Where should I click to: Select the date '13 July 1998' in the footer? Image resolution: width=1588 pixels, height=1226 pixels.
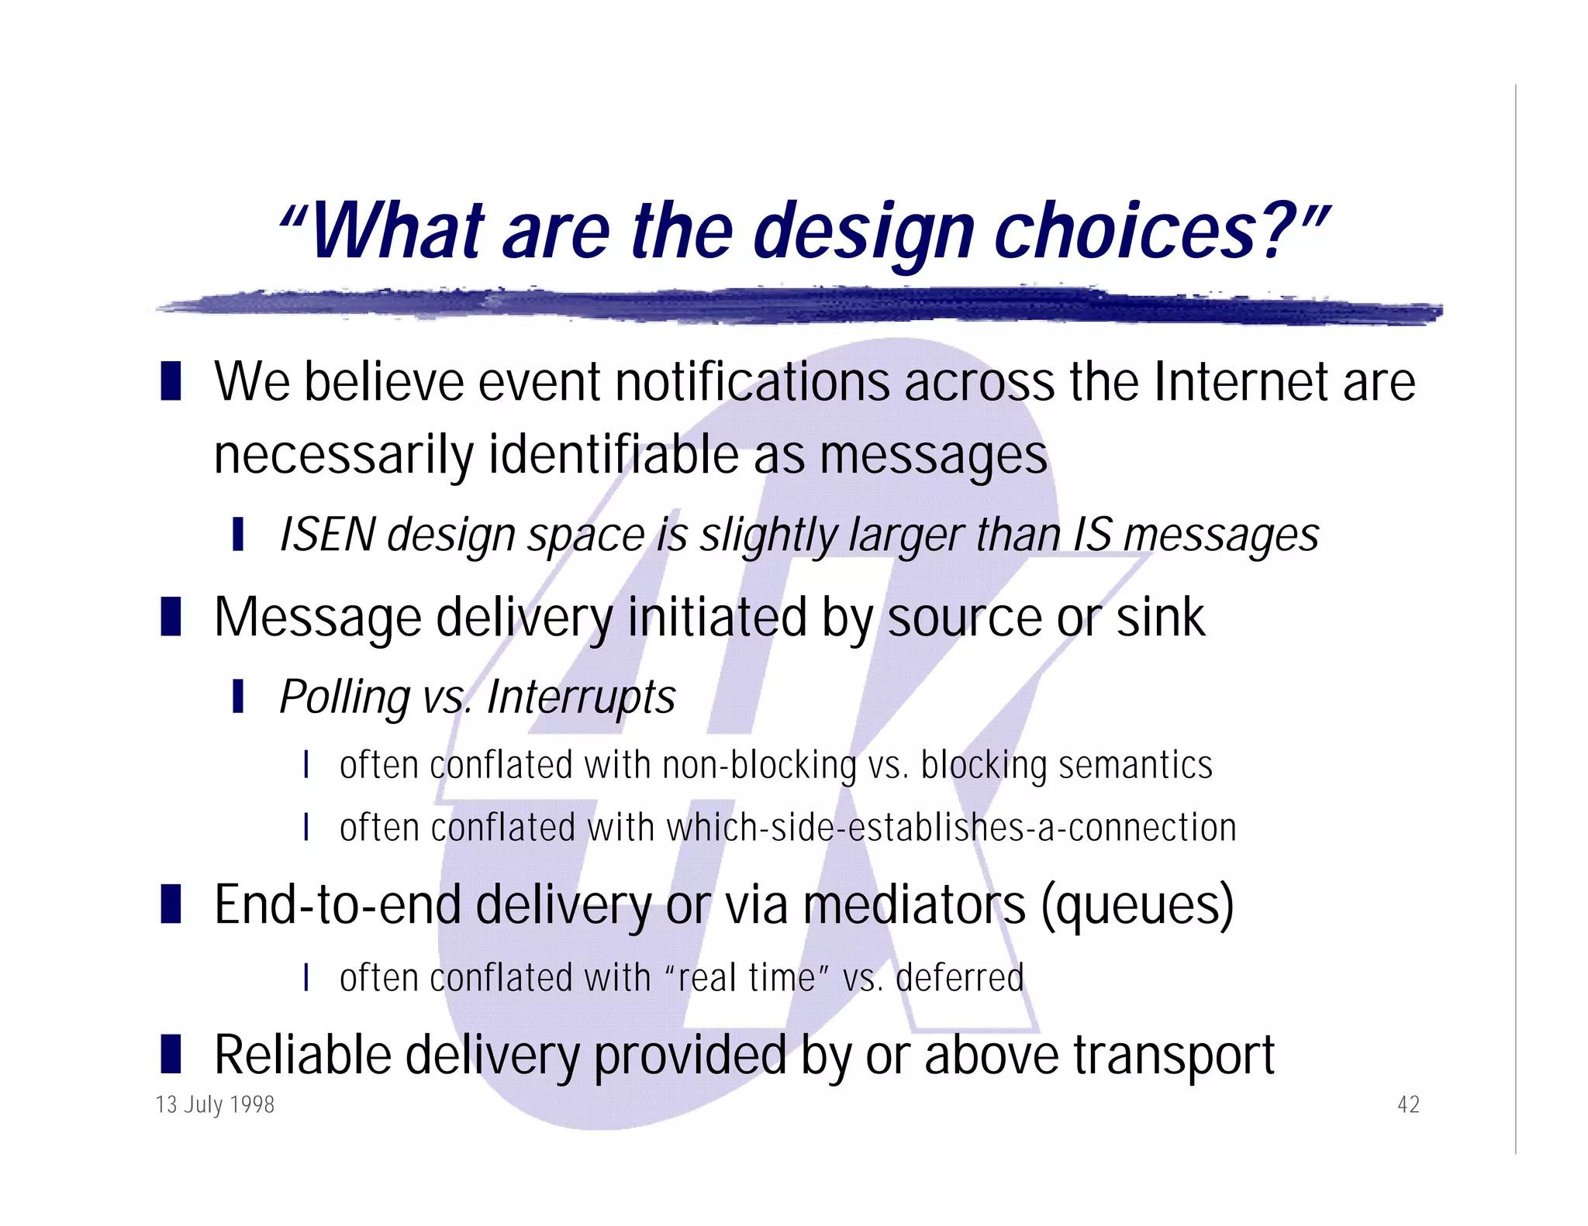point(215,1104)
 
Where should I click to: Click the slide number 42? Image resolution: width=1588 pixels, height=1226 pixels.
point(1408,1104)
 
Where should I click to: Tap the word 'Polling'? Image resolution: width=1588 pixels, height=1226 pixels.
point(344,697)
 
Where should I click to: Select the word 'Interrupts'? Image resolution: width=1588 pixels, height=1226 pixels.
point(581,697)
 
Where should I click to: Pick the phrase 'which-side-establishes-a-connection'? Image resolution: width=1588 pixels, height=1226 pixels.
point(951,828)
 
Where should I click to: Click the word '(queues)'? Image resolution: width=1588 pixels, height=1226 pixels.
point(1137,905)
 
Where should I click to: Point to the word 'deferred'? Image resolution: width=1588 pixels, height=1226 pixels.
point(959,977)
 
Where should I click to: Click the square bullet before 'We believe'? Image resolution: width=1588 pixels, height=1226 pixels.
point(171,381)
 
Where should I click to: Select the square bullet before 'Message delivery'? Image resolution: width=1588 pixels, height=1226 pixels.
point(171,617)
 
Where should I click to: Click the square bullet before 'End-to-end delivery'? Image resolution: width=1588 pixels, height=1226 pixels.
point(171,904)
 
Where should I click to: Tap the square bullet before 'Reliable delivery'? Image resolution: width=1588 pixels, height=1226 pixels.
point(171,1055)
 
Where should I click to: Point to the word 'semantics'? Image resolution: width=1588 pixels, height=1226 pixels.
point(1135,765)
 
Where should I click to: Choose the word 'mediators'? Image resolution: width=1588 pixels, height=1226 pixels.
point(913,905)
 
